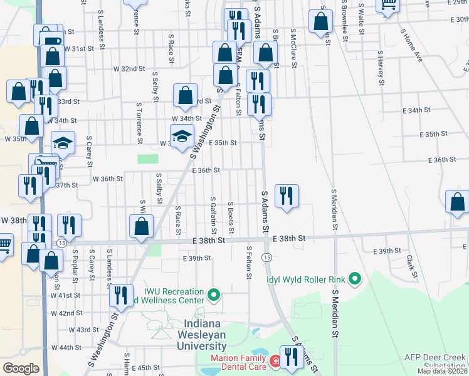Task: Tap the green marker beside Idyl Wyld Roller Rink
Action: click(x=356, y=278)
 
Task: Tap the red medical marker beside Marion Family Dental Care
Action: click(x=275, y=362)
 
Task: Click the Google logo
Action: click(x=21, y=368)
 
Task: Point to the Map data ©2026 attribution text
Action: click(x=442, y=371)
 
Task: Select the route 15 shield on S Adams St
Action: click(x=266, y=258)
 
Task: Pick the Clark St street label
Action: click(x=411, y=266)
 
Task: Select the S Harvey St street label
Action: click(x=381, y=68)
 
